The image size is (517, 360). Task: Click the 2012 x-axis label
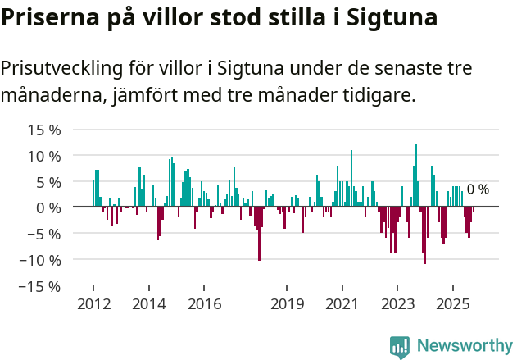click(93, 304)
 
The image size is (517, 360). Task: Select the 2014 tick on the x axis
click(148, 304)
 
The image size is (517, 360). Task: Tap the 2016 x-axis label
click(204, 304)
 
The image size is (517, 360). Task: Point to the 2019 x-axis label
click(287, 304)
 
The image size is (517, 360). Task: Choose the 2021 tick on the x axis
click(342, 304)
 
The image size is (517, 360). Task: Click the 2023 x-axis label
click(397, 304)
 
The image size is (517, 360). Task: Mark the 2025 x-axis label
click(452, 304)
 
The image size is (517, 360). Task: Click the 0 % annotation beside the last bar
click(478, 189)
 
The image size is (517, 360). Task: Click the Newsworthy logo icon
click(400, 347)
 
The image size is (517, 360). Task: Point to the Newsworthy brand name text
click(465, 346)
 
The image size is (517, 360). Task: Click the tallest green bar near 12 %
click(416, 176)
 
